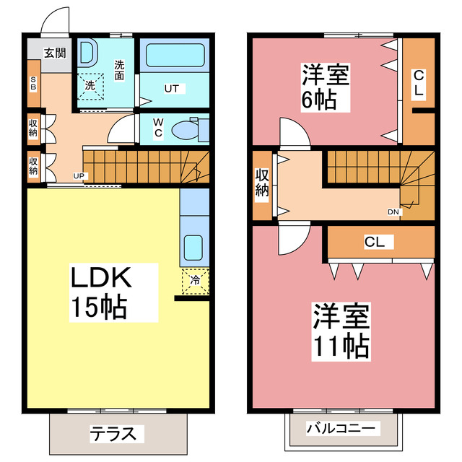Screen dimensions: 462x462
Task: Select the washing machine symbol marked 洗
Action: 90,84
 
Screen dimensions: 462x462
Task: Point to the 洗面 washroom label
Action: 120,69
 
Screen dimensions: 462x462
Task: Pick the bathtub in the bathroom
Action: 173,56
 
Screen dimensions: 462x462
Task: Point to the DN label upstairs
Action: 393,212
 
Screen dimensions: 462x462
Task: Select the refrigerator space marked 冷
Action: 194,277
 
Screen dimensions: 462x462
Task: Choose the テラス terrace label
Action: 114,434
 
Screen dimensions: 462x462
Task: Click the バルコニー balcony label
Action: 342,429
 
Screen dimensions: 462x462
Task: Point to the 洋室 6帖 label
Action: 325,87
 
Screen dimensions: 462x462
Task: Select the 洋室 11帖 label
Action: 341,331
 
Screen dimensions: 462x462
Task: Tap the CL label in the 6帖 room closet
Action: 419,84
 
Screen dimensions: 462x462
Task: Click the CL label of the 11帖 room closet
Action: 374,243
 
